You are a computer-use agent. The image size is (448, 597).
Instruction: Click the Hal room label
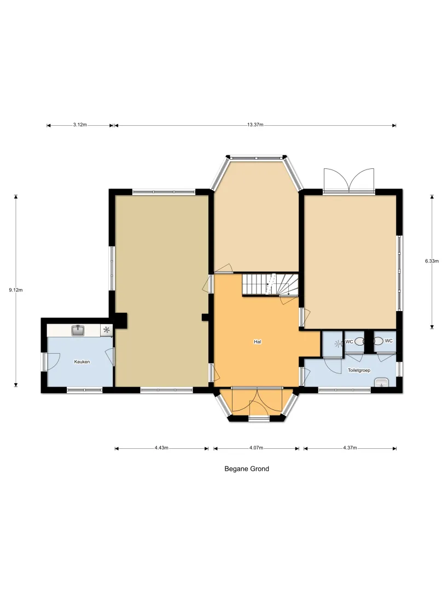pos(258,342)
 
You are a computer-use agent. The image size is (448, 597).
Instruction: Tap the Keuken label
pos(82,362)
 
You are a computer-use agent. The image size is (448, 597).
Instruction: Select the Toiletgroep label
pos(359,370)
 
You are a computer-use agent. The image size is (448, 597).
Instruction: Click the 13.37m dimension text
pos(255,125)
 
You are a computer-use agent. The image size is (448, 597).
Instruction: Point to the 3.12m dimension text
pos(80,125)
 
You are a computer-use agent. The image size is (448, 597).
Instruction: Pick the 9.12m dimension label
pos(16,290)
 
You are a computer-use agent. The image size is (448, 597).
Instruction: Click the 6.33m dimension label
pos(432,261)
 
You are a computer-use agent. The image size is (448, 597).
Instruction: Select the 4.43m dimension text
pos(161,448)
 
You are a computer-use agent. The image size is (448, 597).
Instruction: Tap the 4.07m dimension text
pos(257,448)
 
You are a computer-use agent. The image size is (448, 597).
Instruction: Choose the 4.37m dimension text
pos(350,448)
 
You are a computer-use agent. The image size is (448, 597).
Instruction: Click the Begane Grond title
pos(247,469)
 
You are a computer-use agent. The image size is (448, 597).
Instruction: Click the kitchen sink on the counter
pos(78,330)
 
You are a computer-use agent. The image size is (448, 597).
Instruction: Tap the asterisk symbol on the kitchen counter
pos(106,330)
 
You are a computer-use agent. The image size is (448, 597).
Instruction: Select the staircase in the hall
pos(270,284)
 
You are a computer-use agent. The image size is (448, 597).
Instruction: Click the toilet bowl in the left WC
pos(359,342)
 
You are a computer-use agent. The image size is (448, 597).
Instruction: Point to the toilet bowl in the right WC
pos(378,342)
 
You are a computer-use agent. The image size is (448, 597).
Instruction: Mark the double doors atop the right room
pos(349,180)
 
